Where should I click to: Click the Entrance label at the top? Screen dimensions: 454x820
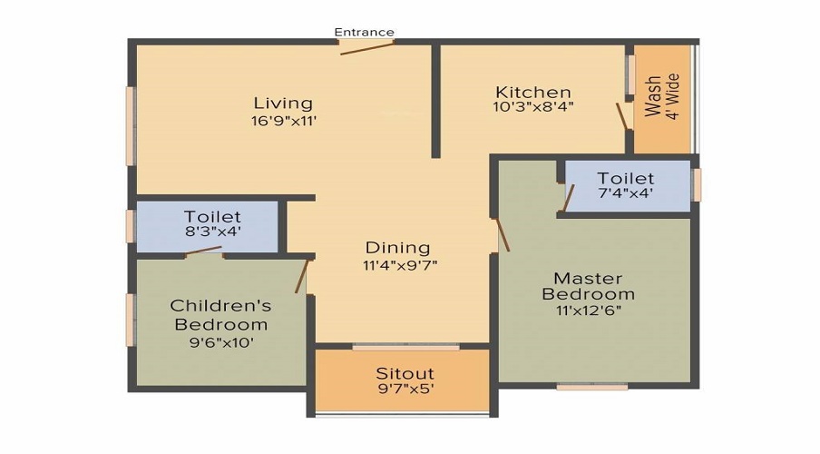[364, 32]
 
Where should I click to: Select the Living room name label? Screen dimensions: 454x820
[283, 103]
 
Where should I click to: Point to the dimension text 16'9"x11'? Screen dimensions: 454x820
[283, 120]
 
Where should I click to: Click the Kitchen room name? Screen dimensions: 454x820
[533, 92]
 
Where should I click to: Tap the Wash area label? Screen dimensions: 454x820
[653, 98]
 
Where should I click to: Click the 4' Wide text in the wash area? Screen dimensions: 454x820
[673, 96]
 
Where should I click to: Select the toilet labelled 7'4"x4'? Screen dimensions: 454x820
[625, 185]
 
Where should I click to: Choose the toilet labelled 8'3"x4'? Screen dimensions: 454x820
[212, 223]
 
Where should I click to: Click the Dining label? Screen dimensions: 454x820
[397, 247]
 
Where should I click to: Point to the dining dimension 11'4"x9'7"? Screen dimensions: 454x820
[397, 265]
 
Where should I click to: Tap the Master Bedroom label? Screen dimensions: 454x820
[588, 286]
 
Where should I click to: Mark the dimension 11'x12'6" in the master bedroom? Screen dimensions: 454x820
[588, 310]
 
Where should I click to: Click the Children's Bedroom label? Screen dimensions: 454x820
[220, 314]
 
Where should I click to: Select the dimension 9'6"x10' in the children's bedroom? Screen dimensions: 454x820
[220, 342]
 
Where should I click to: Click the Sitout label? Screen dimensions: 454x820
[405, 373]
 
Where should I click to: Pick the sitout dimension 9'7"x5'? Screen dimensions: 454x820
[405, 390]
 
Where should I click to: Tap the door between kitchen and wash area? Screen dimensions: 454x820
[622, 117]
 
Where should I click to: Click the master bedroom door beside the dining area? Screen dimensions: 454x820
[502, 234]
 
